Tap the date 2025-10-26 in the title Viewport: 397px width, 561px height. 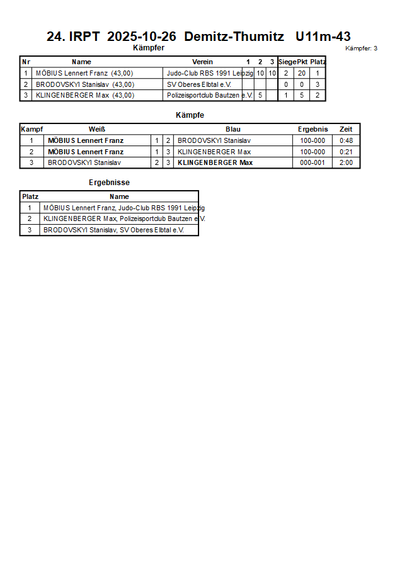click(x=141, y=37)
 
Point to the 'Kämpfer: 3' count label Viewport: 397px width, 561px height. click(x=362, y=48)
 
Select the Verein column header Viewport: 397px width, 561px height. click(x=202, y=62)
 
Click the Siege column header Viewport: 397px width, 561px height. click(x=287, y=62)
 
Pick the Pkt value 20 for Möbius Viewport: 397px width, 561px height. click(x=302, y=73)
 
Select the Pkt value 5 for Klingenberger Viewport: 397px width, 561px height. click(x=302, y=96)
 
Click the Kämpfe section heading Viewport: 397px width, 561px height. click(x=190, y=115)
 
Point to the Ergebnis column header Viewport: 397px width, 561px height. click(x=313, y=129)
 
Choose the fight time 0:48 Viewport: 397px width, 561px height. click(x=346, y=140)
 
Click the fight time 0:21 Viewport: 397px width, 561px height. click(x=346, y=152)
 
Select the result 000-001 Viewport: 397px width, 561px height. click(x=313, y=163)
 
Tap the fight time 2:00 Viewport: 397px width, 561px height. click(x=346, y=163)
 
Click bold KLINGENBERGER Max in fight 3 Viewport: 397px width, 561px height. click(x=215, y=163)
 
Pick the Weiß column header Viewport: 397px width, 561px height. click(x=97, y=129)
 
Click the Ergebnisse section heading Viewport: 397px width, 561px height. click(x=109, y=183)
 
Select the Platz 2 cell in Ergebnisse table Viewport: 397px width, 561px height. click(x=29, y=218)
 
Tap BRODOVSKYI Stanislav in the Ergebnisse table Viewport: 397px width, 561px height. click(x=113, y=230)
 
